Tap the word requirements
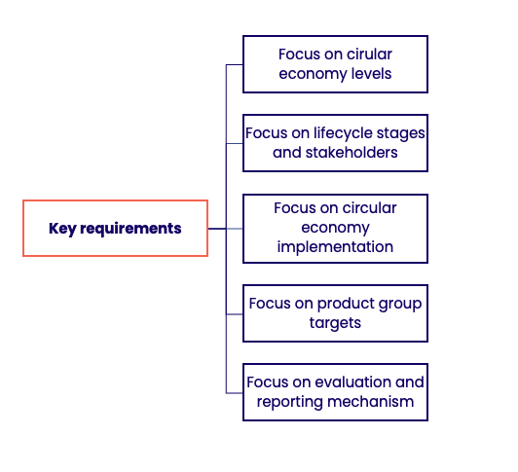coord(130,229)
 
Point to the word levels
coord(371,74)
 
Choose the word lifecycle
coord(344,133)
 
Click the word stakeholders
coord(351,153)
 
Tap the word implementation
coord(335,247)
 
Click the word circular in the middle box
coord(370,208)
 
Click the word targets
coord(335,323)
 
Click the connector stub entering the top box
coord(235,65)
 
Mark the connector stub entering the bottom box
coord(235,393)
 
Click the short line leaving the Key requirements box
coord(217,229)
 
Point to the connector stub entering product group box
coord(235,314)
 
